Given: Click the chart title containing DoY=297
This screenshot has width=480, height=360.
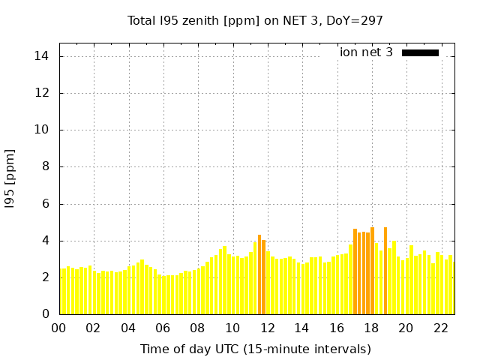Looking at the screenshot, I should point(255,20).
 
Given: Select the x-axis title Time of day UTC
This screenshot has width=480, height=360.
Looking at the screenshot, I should point(255,349).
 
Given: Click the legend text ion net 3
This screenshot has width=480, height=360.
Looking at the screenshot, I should point(366,52).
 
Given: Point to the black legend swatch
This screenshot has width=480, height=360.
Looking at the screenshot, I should point(420,52).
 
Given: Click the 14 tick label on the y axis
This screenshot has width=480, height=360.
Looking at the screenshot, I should point(41,56).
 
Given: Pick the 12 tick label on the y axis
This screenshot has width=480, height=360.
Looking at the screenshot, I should point(41,93).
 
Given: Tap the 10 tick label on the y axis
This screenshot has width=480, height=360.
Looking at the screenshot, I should point(41,130).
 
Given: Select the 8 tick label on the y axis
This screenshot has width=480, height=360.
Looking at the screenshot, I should point(45,166).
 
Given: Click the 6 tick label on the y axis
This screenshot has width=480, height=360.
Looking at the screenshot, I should point(45,203).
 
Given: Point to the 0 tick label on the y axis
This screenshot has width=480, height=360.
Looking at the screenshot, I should point(45,314).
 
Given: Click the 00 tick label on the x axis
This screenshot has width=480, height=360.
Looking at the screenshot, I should point(59,328).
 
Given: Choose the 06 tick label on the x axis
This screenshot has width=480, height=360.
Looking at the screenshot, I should point(163,328).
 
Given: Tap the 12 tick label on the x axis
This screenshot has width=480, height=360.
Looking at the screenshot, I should point(267,328).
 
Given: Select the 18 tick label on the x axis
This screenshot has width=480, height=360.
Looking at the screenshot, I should point(371,328).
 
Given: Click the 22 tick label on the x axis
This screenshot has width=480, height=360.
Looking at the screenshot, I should point(440,328).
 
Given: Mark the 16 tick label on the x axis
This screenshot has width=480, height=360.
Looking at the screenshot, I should point(337,328).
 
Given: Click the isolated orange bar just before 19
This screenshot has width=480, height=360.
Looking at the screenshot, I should point(385,271).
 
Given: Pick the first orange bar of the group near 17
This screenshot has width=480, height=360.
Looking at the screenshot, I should point(355,271).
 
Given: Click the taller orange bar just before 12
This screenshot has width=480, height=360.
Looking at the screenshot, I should point(259,274).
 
